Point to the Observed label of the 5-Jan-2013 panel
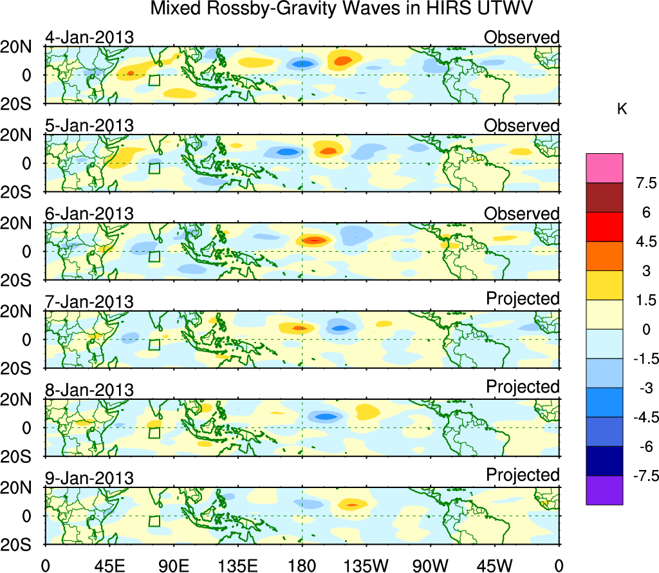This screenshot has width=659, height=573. pyautogui.click(x=522, y=126)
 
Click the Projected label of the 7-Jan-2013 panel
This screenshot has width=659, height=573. pyautogui.click(x=523, y=299)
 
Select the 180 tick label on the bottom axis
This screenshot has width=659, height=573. pyautogui.click(x=302, y=565)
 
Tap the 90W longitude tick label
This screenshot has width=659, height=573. pyautogui.click(x=431, y=565)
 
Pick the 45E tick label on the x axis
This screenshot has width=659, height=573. pyautogui.click(x=109, y=565)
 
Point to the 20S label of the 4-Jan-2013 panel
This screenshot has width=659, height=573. pyautogui.click(x=21, y=104)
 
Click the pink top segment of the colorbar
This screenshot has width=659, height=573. pyautogui.click(x=604, y=167)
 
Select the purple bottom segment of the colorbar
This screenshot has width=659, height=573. pyautogui.click(x=604, y=490)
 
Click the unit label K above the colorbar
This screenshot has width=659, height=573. pyautogui.click(x=622, y=109)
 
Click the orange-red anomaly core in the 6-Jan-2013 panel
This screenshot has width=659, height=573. pyautogui.click(x=314, y=240)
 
